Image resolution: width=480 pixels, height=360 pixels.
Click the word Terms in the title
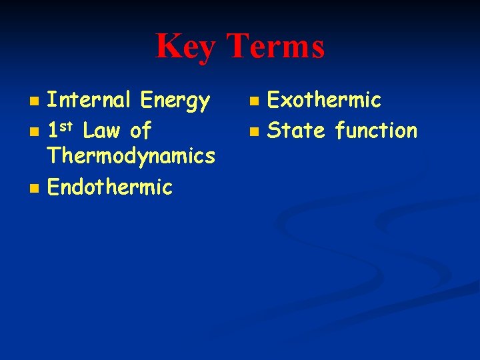[275, 47]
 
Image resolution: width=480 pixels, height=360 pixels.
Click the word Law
[102, 130]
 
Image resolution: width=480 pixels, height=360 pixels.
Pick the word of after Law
[141, 130]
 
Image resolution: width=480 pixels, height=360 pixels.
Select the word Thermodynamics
[131, 157]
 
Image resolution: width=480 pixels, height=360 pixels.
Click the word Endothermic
[110, 187]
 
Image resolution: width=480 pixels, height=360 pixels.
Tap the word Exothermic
[324, 101]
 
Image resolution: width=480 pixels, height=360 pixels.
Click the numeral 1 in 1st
[54, 130]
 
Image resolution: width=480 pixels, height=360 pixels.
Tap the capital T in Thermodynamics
[53, 157]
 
